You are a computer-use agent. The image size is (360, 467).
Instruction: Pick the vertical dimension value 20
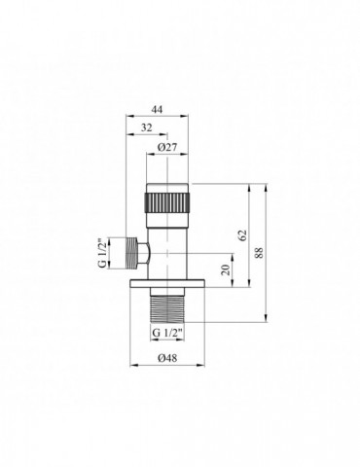(227, 269)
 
